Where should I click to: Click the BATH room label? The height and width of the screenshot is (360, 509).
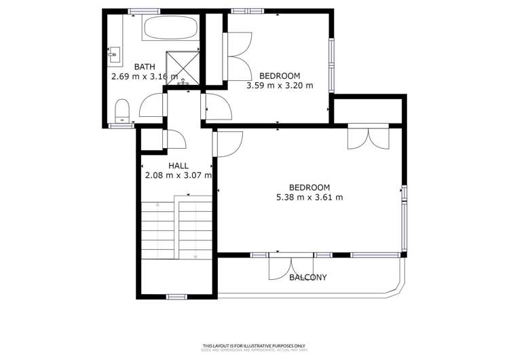coord(144,67)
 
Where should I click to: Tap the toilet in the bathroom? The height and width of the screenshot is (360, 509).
coord(122,111)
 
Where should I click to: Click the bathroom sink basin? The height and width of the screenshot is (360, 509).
coord(113,52)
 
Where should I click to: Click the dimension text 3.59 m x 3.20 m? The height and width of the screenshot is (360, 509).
coord(280,86)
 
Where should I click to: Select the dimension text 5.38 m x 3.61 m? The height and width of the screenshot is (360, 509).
coord(309,198)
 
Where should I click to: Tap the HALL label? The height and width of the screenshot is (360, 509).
coord(178,165)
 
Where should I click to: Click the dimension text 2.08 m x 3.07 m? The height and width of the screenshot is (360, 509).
coord(178,175)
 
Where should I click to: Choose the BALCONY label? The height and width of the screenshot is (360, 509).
coord(308,277)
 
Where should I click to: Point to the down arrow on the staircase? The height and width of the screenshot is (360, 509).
coord(195,256)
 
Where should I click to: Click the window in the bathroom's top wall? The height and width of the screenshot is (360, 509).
coord(144,11)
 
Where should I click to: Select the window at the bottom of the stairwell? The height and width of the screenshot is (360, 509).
coord(176,296)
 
